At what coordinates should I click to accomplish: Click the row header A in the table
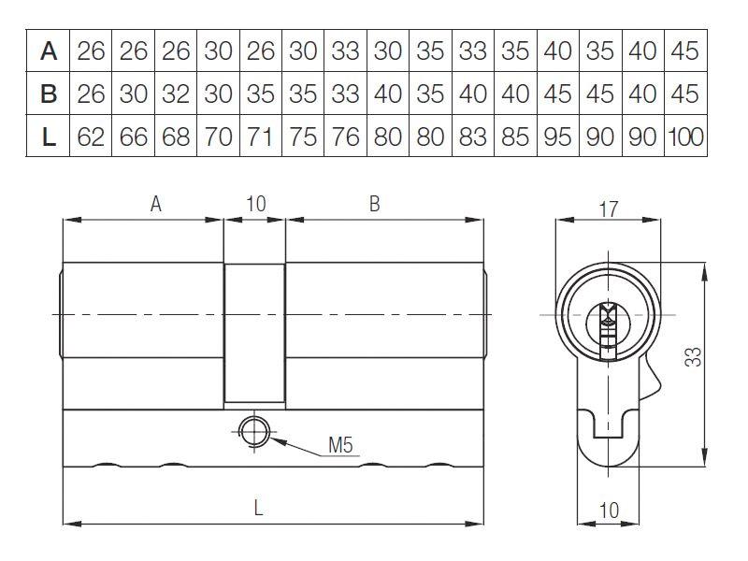tap(49, 51)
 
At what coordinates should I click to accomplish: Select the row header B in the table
tap(49, 93)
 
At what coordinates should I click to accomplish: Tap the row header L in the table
tap(49, 137)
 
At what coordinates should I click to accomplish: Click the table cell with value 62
tap(91, 137)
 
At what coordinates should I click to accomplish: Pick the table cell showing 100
tap(685, 137)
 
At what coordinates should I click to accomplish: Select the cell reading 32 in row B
tap(176, 93)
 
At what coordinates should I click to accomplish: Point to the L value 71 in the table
tap(261, 137)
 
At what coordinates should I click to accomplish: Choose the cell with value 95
tap(557, 137)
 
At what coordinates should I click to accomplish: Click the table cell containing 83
tap(473, 137)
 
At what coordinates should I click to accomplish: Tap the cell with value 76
tap(345, 137)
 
